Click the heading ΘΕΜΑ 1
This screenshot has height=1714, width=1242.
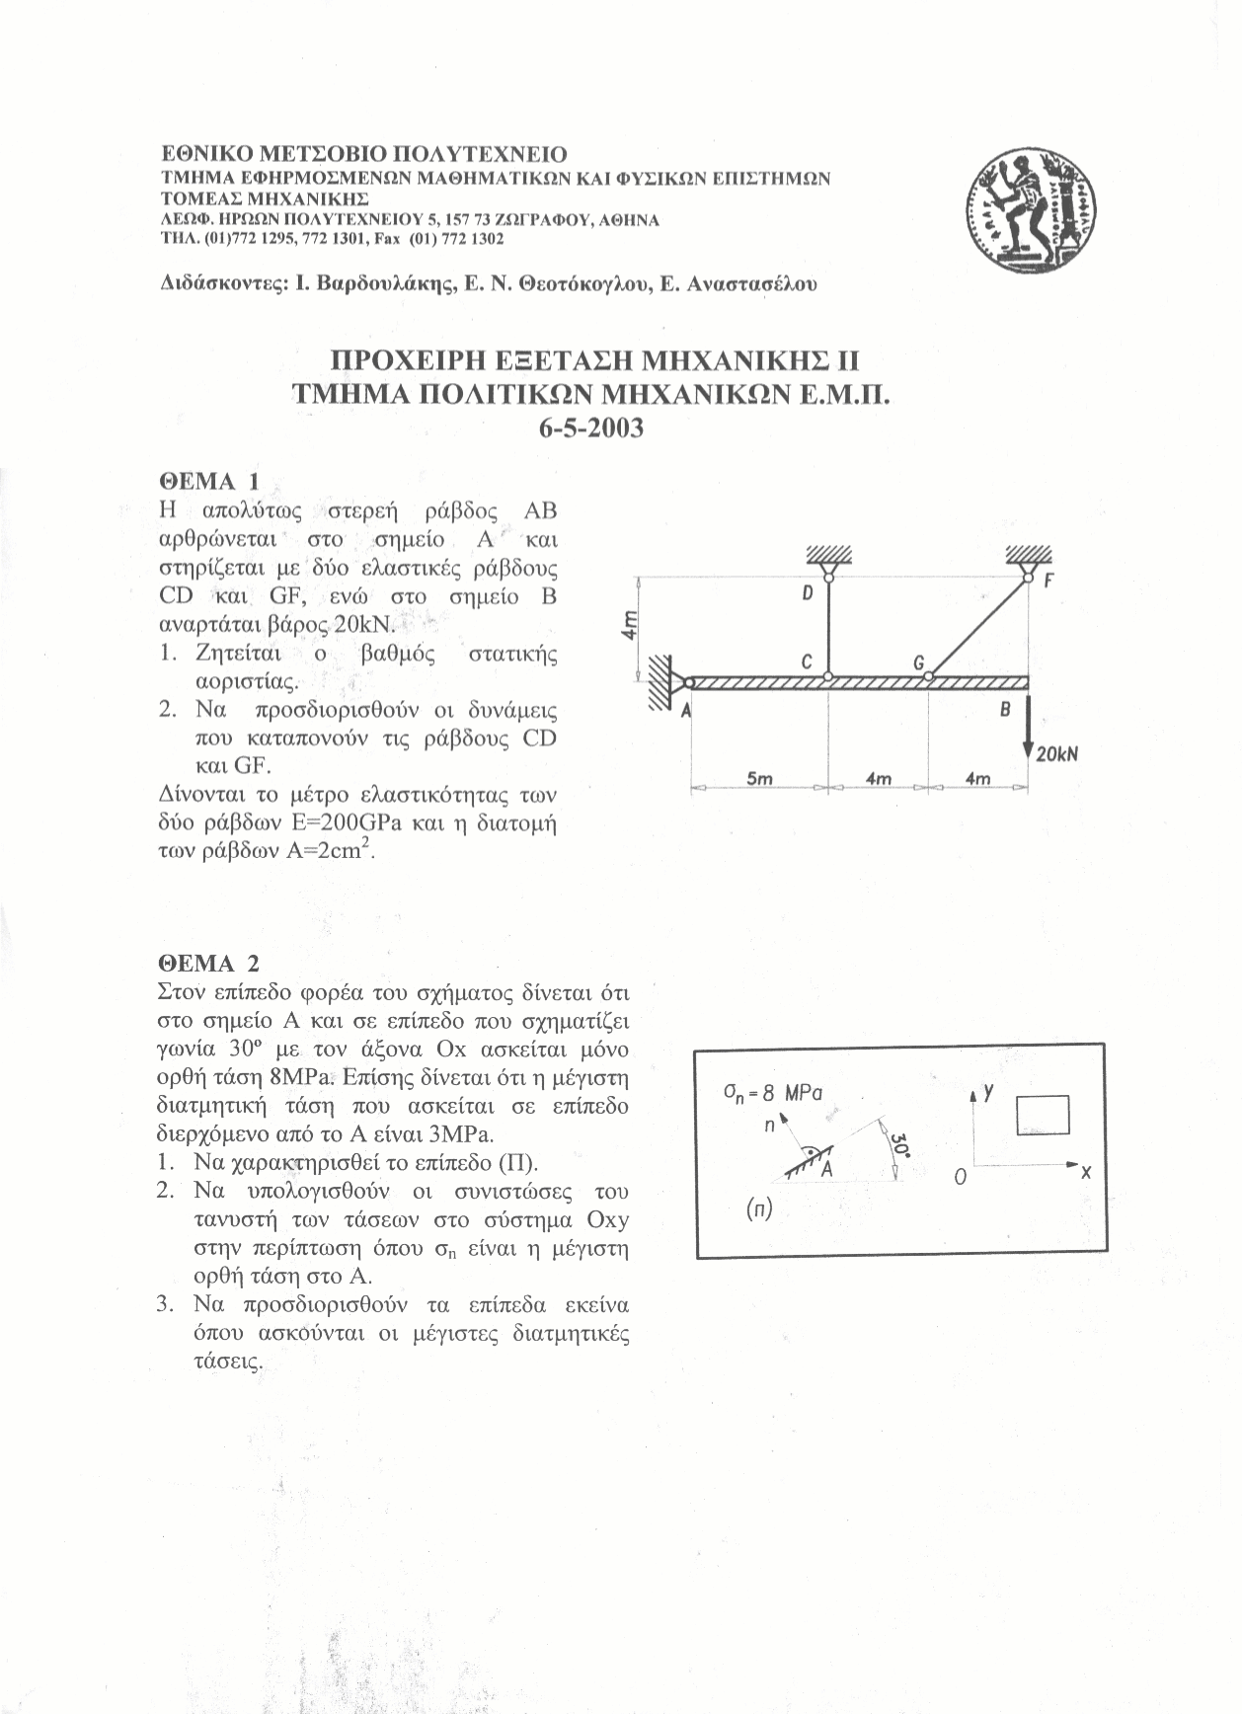(209, 481)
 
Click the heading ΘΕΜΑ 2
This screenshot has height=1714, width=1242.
(209, 963)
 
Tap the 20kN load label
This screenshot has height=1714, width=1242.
(1056, 753)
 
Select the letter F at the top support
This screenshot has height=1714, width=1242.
(1050, 583)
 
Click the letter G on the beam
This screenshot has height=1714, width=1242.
(917, 663)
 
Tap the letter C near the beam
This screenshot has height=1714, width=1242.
(807, 663)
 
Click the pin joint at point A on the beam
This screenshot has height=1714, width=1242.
(688, 681)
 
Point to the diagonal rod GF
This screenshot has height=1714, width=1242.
(977, 628)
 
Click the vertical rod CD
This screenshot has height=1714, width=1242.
(827, 622)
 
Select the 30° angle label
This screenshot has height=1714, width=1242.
(898, 1146)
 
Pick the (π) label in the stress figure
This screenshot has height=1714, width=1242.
(758, 1210)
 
